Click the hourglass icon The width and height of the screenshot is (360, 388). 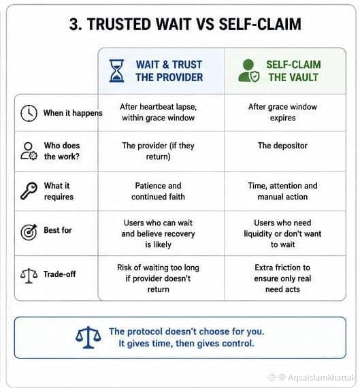116,71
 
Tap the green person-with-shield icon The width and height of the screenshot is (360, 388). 249,71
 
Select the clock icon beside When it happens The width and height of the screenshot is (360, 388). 29,113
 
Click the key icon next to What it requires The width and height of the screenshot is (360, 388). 29,191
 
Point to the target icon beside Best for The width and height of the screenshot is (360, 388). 29,232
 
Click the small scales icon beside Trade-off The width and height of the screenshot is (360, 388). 29,276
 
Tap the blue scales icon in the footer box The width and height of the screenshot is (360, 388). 88,337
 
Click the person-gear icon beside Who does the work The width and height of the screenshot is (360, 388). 29,151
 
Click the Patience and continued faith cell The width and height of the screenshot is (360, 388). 158,191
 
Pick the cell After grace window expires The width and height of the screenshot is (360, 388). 282,112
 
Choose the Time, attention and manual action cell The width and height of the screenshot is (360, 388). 282,191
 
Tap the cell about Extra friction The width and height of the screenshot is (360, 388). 282,278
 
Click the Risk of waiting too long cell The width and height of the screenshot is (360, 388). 158,278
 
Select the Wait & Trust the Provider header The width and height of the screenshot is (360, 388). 169,71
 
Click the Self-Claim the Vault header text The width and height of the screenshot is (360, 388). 293,71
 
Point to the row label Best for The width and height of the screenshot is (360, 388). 58,230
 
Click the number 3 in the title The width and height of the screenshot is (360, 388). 74,25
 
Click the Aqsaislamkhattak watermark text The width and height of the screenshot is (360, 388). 321,378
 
